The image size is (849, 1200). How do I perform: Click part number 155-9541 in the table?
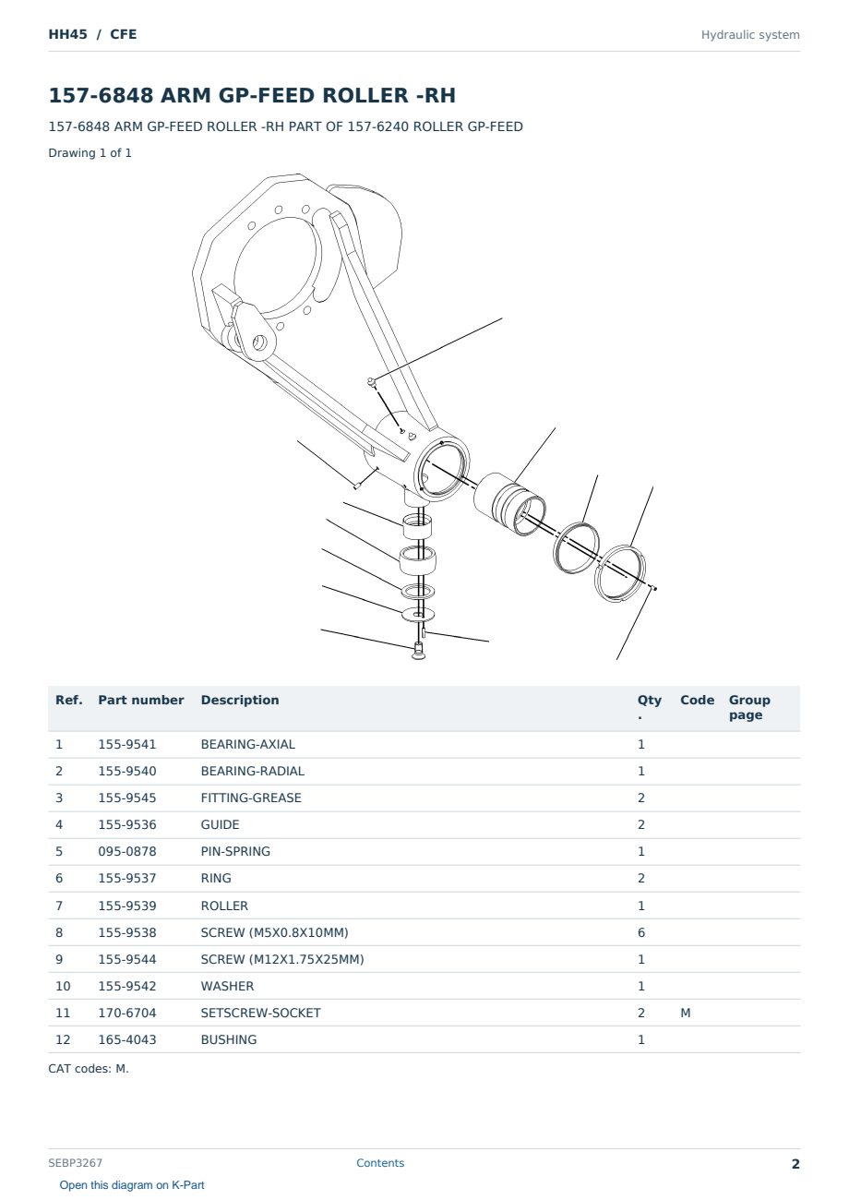127,744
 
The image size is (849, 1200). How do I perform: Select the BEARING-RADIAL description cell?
252,771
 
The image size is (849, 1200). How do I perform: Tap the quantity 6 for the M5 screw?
641,932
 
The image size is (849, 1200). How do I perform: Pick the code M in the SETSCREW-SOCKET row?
685,1013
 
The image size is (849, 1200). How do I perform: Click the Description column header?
240,700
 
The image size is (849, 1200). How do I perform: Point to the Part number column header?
141,700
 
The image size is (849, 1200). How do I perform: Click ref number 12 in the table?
63,1039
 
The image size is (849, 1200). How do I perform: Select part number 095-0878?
127,851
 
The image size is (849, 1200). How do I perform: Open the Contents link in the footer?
380,1163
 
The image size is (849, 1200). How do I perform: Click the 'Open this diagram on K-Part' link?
132,1185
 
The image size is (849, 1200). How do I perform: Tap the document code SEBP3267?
75,1163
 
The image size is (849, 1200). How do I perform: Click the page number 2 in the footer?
795,1164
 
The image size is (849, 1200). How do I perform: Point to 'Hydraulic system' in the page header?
750,35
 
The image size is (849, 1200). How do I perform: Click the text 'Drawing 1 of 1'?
90,152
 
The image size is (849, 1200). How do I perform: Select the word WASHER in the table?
227,986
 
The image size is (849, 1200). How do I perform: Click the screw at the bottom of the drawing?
418,651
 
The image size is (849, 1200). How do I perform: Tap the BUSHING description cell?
229,1039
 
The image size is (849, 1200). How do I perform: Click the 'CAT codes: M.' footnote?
89,1069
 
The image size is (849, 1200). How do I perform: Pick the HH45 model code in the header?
67,34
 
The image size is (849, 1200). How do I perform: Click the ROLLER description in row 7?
224,906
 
